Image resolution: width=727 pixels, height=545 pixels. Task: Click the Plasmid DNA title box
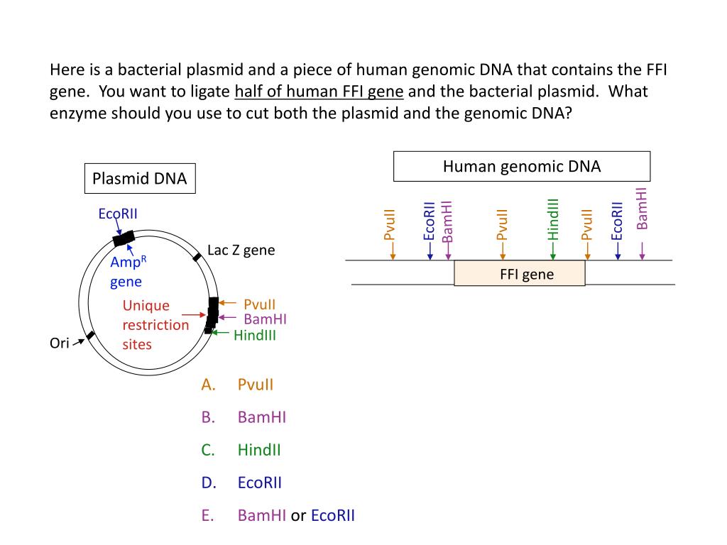coord(139,179)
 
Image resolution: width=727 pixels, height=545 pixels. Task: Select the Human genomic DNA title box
coord(522,167)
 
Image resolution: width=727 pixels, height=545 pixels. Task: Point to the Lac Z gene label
coord(241,251)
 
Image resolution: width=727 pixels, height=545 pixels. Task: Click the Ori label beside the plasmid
coord(59,343)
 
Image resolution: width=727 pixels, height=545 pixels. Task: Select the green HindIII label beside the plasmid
coord(254,336)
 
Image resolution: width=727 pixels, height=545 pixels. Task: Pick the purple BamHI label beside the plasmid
coord(265,319)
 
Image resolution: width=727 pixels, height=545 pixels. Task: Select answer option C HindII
coord(259,450)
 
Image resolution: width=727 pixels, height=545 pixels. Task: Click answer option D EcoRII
coord(259,483)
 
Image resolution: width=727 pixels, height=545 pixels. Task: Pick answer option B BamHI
coord(261,417)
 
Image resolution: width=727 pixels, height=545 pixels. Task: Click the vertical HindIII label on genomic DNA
coord(554,219)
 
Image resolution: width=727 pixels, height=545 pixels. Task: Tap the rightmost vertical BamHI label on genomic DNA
coord(642,209)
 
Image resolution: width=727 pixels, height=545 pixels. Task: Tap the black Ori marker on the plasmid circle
coord(90,335)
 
